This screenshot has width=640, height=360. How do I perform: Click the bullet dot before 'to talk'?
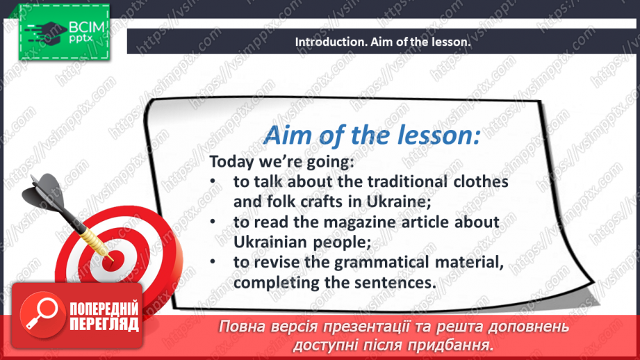213,181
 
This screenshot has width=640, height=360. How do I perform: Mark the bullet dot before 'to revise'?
213,262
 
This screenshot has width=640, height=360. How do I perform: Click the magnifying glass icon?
42,314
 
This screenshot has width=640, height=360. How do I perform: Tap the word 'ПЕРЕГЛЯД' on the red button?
104,325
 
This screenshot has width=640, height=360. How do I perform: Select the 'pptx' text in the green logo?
81,39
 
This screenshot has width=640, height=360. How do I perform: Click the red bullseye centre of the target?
110,260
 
